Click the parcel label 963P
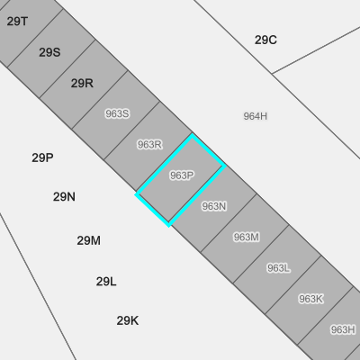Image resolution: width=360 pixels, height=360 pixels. coord(182,175)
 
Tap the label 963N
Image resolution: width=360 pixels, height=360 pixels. coord(214,206)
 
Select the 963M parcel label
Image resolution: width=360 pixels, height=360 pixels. coord(247,237)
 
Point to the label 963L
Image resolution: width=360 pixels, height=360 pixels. coord(278,268)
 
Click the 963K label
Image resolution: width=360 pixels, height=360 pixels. coord(310,299)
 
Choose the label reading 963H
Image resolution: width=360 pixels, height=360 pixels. coord(343,329)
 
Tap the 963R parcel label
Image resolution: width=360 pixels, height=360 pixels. coord(149,144)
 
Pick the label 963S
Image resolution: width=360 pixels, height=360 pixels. coord(117,113)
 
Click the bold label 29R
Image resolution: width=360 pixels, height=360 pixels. coord(82,83)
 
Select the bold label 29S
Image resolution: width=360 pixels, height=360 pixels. coord(49,52)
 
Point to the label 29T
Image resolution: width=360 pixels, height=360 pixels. coord(17,22)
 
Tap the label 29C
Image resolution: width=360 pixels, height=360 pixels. coord(265,40)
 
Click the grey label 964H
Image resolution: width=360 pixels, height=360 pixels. coord(256,116)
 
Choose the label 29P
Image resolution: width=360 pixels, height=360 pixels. coord(42,157)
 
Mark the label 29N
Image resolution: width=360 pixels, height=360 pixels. coord(64,197)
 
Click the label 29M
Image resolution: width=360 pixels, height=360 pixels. coord(89,240)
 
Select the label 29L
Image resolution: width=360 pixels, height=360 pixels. coord(106,282)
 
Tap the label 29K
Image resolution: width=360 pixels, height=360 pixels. coord(128,320)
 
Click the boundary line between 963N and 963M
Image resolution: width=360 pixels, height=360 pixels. coord(229,223)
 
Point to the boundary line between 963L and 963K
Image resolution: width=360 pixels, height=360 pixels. coord(293,285)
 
